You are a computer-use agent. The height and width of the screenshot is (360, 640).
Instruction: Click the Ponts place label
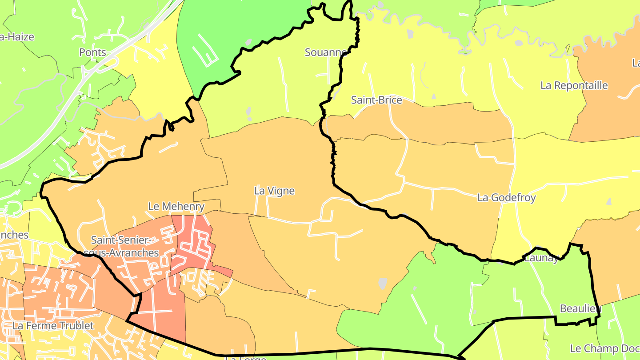click(x=92, y=52)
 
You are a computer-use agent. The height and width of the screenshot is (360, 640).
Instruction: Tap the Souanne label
click(x=326, y=52)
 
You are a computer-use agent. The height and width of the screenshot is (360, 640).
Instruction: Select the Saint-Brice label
click(x=376, y=100)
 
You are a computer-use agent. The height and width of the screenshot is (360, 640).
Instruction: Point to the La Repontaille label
click(x=574, y=85)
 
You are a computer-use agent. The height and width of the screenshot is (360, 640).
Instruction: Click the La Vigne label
click(x=274, y=191)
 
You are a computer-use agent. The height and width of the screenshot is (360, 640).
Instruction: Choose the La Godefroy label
click(x=506, y=197)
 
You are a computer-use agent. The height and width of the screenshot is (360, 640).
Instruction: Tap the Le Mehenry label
click(x=176, y=206)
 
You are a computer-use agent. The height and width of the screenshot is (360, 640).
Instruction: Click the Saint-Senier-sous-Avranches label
click(x=124, y=246)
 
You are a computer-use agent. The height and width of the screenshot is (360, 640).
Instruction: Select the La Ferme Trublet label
click(x=53, y=326)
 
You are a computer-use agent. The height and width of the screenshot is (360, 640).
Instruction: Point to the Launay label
click(x=541, y=258)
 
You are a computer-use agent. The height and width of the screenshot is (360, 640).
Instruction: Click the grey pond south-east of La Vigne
click(x=383, y=283)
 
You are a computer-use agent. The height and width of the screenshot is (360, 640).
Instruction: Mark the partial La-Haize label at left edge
click(x=17, y=37)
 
